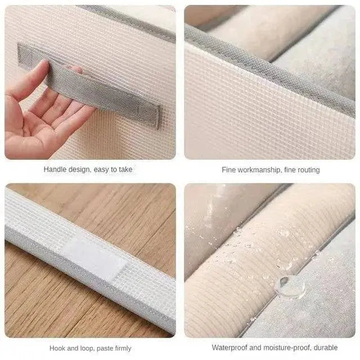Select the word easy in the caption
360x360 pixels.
[x=101, y=170]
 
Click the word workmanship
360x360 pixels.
[x=259, y=170]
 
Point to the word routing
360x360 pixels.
[x=308, y=170]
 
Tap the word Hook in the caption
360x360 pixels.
[x=57, y=348]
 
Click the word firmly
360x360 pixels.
[x=123, y=349]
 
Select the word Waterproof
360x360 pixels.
[x=229, y=348]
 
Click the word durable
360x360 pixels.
[x=326, y=348]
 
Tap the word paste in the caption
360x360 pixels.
[x=105, y=349]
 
